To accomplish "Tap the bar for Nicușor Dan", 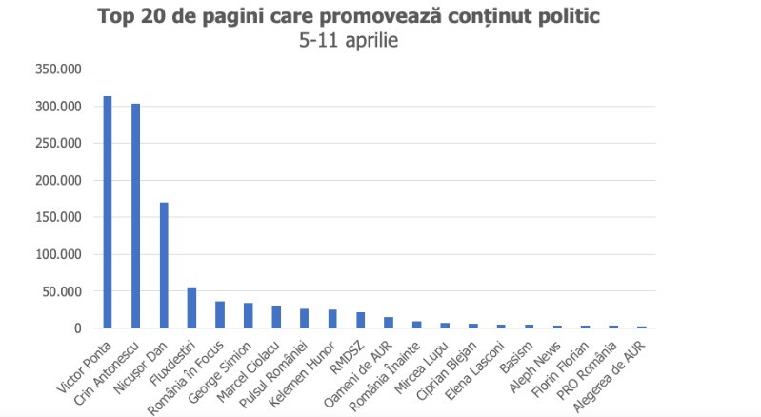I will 164,266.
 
